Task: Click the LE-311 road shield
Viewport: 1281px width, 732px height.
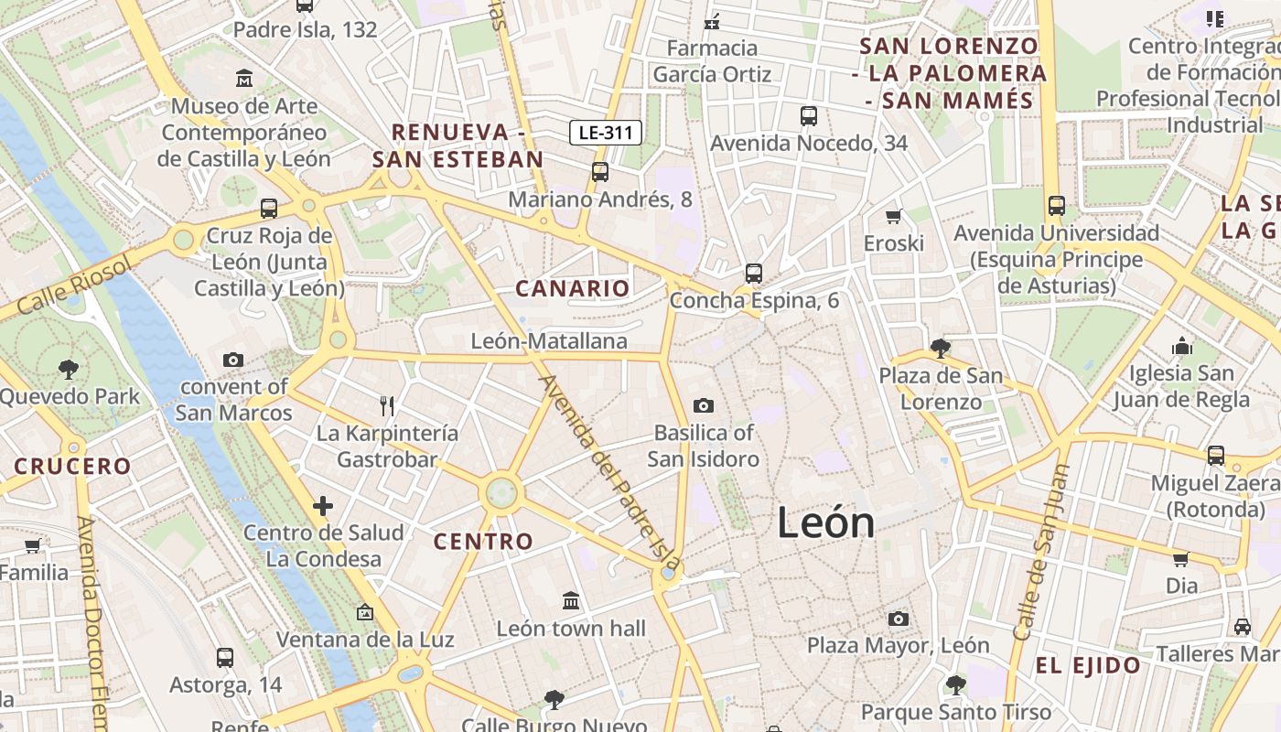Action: point(606,133)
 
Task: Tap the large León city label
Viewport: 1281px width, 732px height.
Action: point(825,523)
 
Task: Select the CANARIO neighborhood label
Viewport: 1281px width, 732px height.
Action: point(573,289)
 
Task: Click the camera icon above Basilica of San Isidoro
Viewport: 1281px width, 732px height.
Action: point(703,405)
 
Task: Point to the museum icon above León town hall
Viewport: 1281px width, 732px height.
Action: point(571,601)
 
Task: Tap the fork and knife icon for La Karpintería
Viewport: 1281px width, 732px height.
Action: point(387,405)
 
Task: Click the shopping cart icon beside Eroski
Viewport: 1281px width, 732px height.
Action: point(893,216)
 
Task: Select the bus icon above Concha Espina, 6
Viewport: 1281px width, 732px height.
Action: point(753,273)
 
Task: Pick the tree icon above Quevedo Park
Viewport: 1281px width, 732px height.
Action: point(68,370)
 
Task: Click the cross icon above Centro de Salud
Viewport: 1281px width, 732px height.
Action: point(323,506)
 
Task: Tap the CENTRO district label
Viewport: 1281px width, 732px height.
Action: point(483,542)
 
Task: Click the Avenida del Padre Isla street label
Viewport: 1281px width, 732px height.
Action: point(609,471)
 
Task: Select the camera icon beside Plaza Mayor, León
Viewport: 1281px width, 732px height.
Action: point(898,619)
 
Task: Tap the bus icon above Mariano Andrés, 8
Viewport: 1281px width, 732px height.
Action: point(599,171)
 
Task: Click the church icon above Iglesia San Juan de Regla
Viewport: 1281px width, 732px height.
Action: point(1182,347)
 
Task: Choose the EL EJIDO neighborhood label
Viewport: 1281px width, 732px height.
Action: point(1088,666)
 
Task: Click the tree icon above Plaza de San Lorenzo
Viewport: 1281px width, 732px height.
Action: point(939,349)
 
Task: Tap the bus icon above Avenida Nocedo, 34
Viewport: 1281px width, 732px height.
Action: point(808,116)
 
